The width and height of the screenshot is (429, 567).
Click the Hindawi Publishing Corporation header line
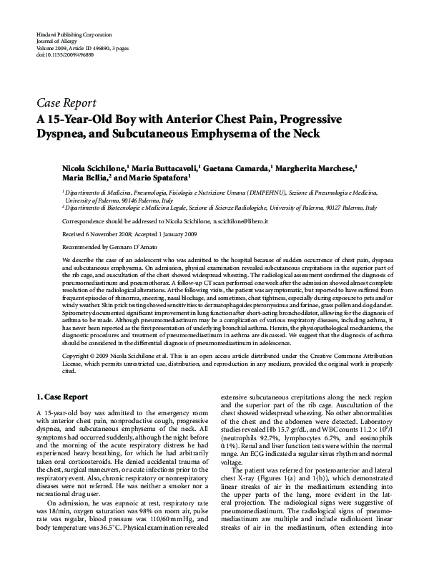[x=69, y=35]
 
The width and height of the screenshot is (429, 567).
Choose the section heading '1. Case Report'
[x=63, y=396]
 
